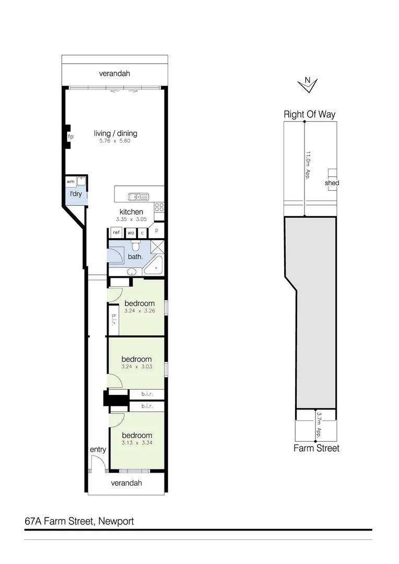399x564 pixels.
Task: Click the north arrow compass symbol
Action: pos(308,84)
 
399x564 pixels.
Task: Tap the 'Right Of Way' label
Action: pos(309,114)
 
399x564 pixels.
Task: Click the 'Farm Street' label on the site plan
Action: pos(316,448)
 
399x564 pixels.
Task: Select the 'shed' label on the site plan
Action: pos(332,183)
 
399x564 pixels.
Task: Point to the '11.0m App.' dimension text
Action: pos(308,165)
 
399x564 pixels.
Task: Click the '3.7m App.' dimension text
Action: pos(319,425)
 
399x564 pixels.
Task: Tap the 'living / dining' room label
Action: pos(115,134)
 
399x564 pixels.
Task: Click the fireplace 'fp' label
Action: pos(70,137)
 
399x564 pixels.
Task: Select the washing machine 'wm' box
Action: pos(70,182)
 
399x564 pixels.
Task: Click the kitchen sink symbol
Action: pos(138,197)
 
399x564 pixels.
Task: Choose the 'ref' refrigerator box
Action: pos(116,232)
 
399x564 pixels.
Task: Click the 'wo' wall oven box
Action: pos(131,232)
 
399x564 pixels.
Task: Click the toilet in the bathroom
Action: pos(136,246)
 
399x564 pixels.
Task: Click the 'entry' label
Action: pos(98,450)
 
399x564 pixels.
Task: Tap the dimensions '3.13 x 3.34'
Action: pos(136,443)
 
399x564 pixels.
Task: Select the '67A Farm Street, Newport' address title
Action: pos(79,521)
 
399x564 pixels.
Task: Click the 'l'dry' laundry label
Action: pos(76,194)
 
